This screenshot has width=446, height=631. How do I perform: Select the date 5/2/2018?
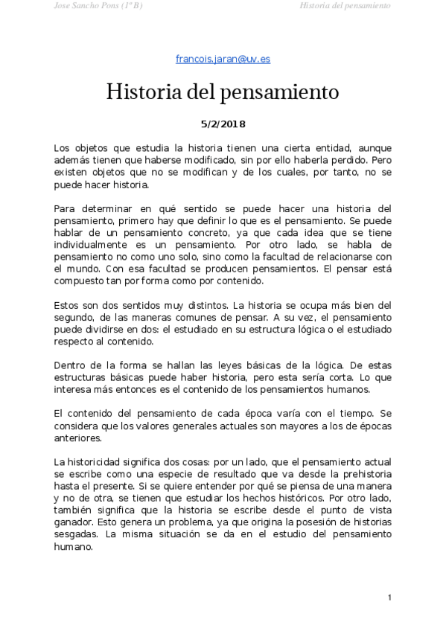[223, 124]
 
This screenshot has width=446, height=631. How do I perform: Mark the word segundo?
[77, 318]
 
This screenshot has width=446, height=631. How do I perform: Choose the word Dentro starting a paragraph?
[71, 365]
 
